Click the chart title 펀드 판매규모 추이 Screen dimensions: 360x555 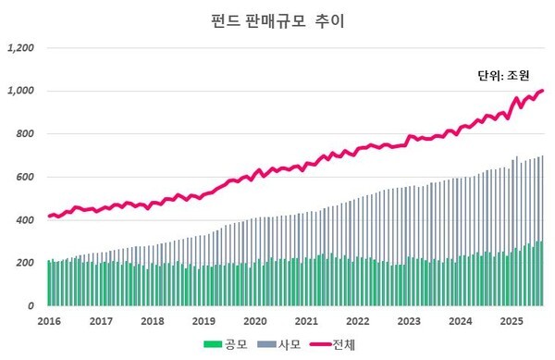coord(277,19)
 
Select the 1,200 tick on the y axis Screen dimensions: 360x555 coord(21,48)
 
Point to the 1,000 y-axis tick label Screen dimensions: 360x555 coord(21,91)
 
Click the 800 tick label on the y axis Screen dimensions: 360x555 coord(25,134)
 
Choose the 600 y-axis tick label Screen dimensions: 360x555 coord(25,177)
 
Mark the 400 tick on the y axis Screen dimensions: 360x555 coord(25,219)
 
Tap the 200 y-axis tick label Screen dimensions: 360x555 coord(25,263)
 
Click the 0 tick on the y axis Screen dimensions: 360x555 coord(31,305)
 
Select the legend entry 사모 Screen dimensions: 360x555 coord(288,344)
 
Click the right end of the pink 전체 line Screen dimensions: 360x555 coord(543,90)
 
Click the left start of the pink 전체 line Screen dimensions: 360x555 coord(49,216)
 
